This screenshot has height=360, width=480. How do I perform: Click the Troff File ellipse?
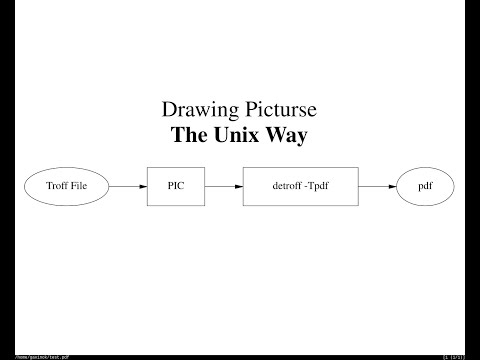tap(65, 186)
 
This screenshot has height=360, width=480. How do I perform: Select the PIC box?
tap(177, 186)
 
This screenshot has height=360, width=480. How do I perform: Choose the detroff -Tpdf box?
tap(301, 186)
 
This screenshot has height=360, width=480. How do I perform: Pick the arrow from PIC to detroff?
tap(225, 186)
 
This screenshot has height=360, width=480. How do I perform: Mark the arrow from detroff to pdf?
tap(377, 186)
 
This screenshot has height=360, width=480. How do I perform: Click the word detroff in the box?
tap(287, 186)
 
